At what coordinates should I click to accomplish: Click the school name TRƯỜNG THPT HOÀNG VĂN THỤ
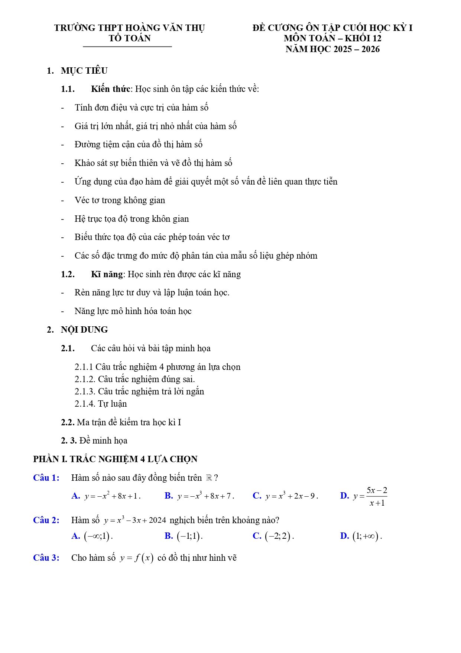[129, 28]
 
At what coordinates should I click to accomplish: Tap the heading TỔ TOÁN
[130, 38]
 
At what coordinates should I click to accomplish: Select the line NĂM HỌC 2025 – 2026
[332, 49]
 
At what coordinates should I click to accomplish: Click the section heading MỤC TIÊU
[84, 71]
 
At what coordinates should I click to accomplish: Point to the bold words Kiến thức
[110, 89]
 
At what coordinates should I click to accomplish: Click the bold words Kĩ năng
[107, 274]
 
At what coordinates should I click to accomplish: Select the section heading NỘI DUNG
[84, 330]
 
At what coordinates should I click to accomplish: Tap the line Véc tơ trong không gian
[120, 200]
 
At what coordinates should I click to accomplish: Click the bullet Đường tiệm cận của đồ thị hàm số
[138, 144]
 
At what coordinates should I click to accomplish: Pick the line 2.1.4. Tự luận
[101, 404]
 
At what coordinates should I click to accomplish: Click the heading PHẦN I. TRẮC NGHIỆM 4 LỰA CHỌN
[115, 459]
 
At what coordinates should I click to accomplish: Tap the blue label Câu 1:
[46, 478]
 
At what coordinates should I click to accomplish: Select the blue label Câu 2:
[46, 520]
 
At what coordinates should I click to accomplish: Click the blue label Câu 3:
[46, 558]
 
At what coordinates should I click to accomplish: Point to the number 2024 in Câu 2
[157, 521]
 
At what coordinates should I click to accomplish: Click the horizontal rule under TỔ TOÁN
[127, 47]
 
